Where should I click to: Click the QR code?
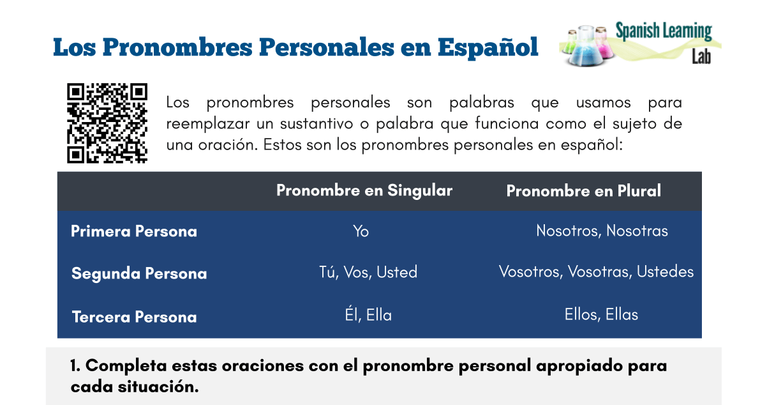(x=107, y=123)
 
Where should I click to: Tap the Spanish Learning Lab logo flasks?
(x=586, y=46)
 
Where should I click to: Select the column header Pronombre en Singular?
(x=364, y=190)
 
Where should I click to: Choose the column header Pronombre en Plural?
(x=583, y=191)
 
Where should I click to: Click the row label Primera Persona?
(x=133, y=231)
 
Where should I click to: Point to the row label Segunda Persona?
(x=139, y=273)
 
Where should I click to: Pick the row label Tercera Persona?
(x=134, y=317)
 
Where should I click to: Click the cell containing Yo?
(x=361, y=231)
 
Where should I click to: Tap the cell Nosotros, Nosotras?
(x=602, y=231)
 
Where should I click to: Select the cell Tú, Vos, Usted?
(x=368, y=272)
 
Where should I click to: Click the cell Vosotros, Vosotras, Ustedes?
(x=596, y=271)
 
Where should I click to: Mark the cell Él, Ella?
(x=368, y=315)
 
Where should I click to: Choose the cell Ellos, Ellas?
(x=601, y=314)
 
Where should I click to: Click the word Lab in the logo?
(x=701, y=57)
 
